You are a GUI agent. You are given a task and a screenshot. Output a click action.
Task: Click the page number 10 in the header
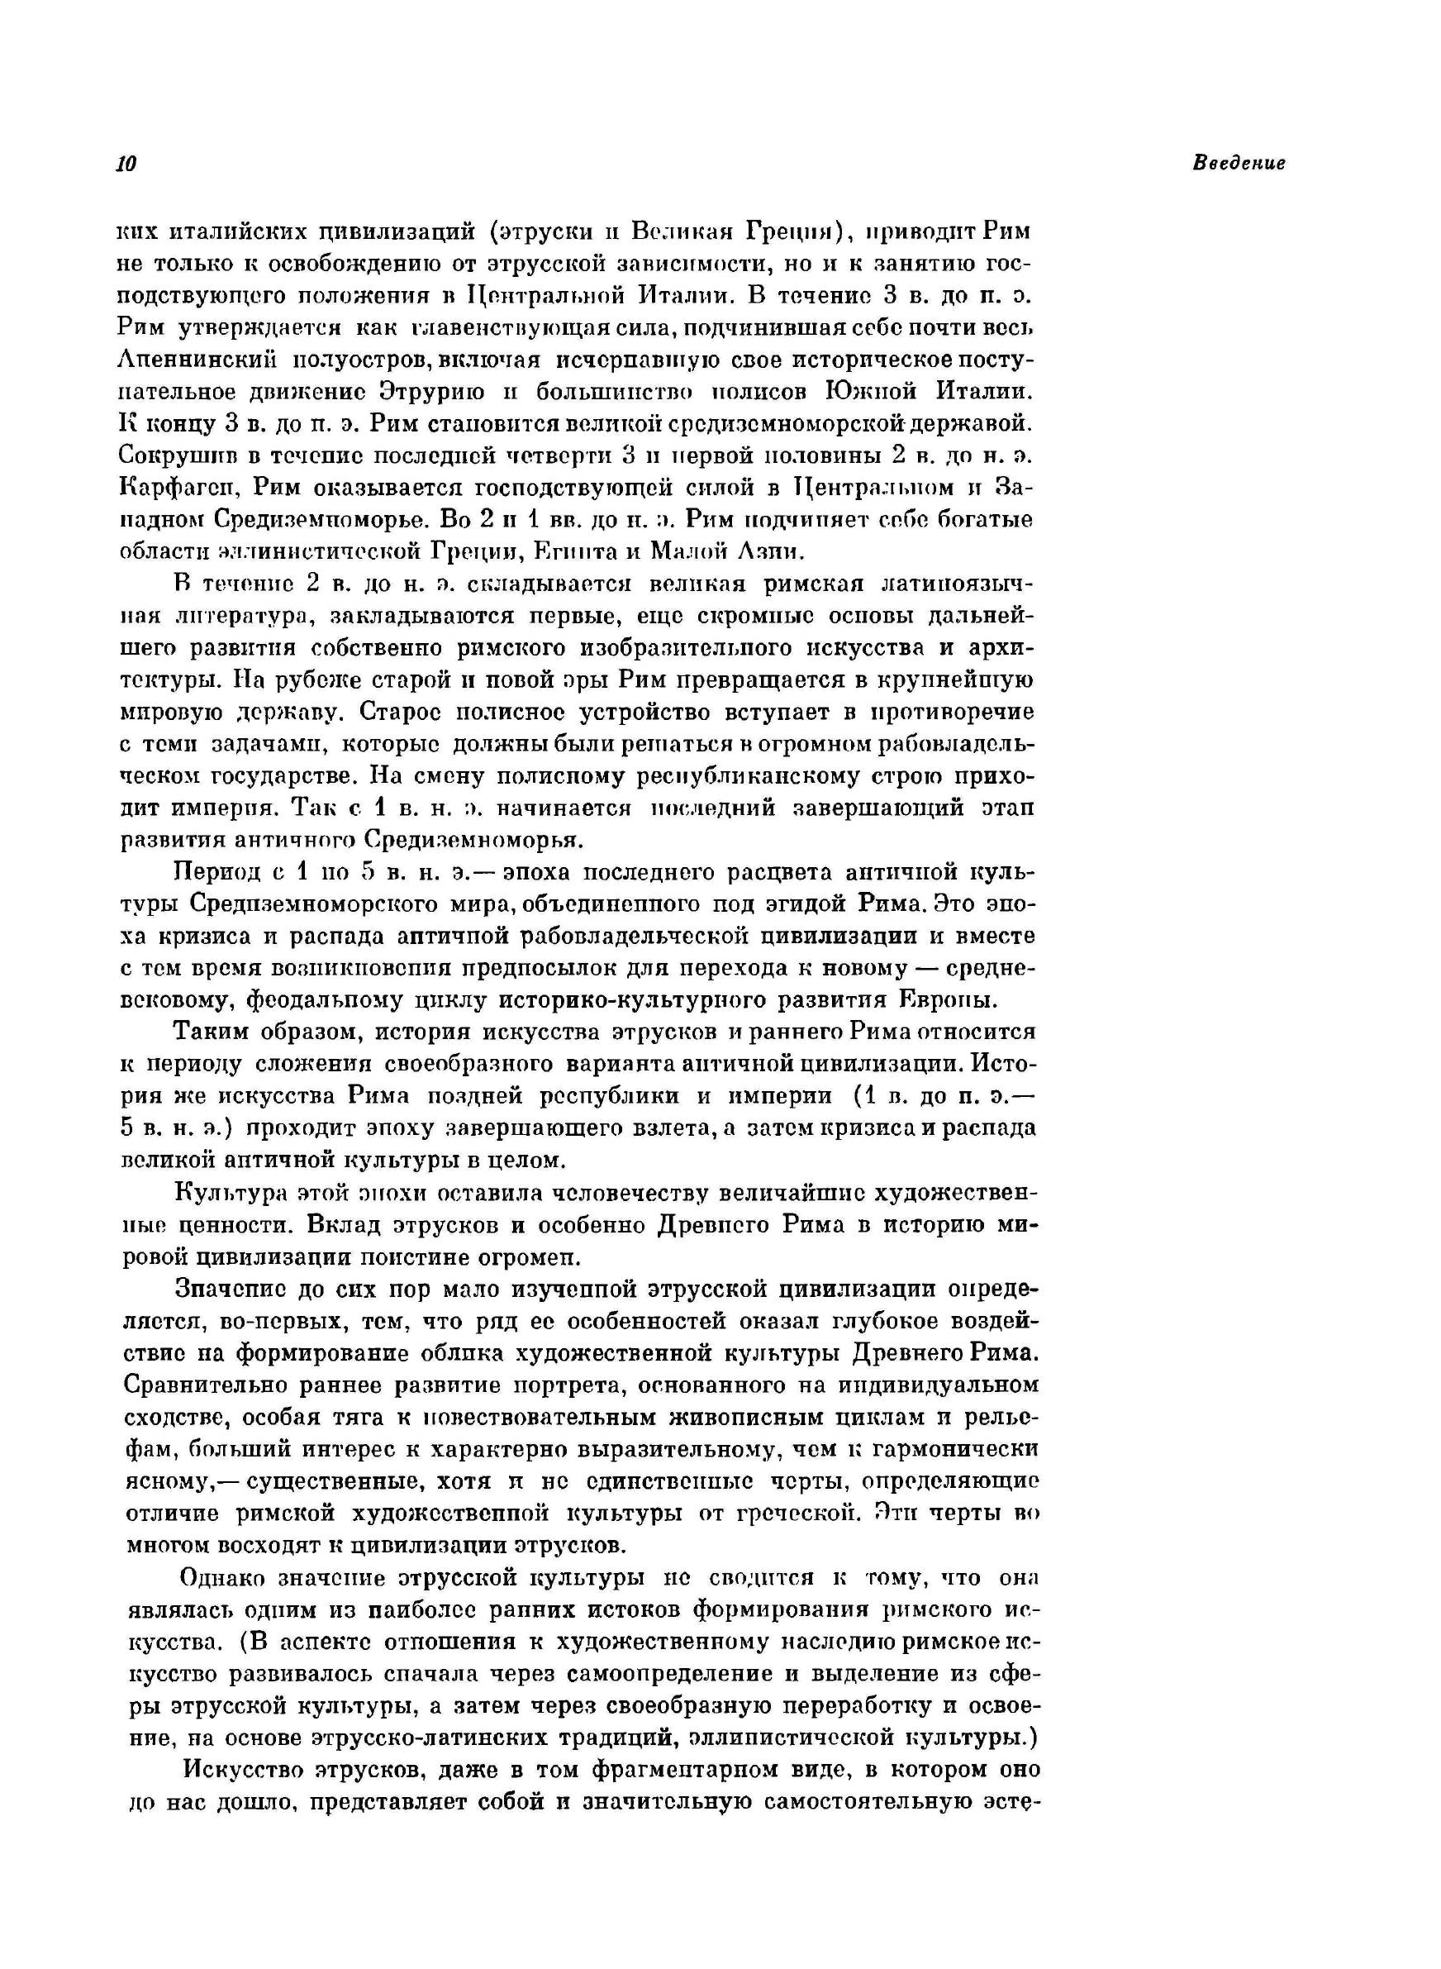(x=126, y=164)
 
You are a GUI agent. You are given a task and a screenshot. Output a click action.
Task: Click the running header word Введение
(x=1239, y=163)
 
